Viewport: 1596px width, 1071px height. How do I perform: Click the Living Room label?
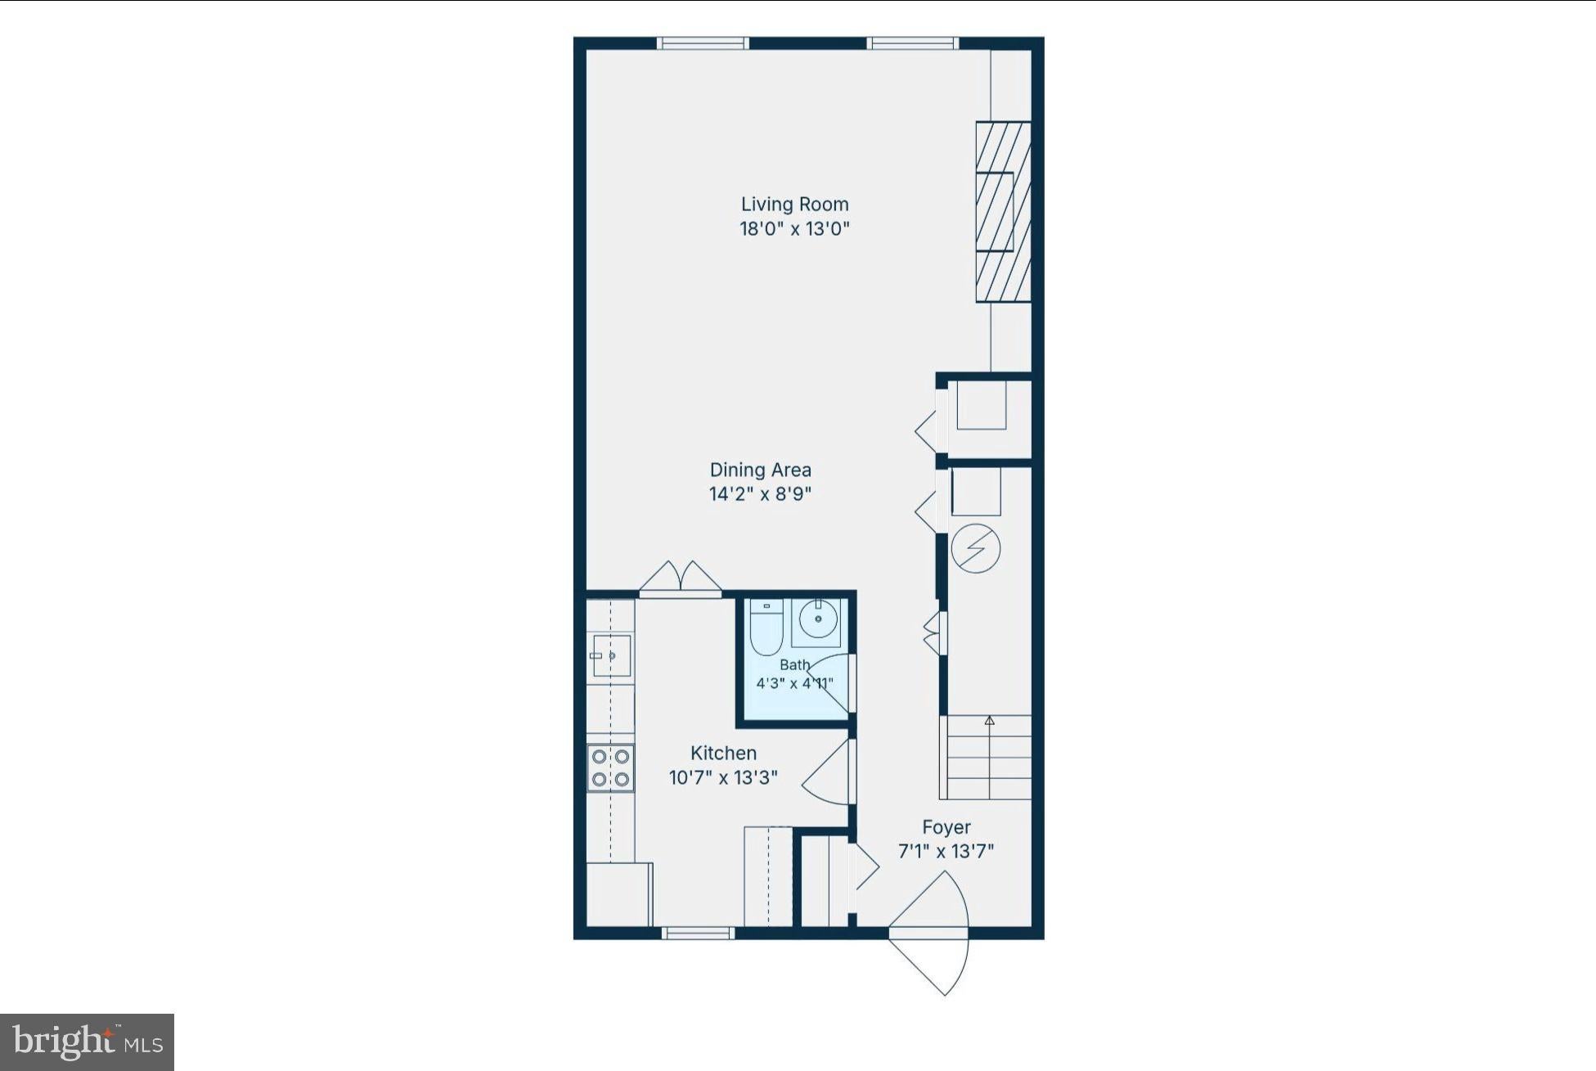coord(794,204)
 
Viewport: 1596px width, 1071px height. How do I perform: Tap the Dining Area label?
coord(760,470)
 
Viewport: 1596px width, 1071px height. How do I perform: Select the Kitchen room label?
coord(723,753)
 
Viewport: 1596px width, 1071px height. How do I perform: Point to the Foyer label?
coord(946,827)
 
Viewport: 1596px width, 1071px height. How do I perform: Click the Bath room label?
coord(794,665)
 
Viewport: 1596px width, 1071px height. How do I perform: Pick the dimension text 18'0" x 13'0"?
coord(794,228)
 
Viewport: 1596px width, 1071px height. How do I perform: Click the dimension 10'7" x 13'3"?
coord(723,777)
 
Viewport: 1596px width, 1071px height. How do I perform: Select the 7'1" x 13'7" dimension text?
coord(946,852)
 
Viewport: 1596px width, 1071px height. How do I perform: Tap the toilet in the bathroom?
coord(767,628)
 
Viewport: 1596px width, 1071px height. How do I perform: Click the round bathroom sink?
coord(818,619)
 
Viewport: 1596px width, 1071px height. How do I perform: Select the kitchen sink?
coord(610,656)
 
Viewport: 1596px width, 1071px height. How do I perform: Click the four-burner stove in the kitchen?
coord(610,767)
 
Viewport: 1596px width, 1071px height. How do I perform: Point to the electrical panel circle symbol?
coord(976,547)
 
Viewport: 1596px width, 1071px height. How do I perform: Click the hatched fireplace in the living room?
coord(1003,212)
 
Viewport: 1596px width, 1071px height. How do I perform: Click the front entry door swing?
coord(929,933)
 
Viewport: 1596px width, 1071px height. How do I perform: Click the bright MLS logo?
coord(87,1042)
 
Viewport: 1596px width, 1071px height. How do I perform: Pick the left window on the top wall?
coord(703,43)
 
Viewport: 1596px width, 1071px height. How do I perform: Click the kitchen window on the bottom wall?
coord(697,933)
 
